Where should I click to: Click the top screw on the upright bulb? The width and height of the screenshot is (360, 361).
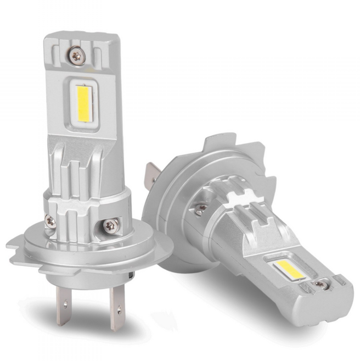tap(76, 55)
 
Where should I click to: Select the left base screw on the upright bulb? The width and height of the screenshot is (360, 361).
tap(50, 221)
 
